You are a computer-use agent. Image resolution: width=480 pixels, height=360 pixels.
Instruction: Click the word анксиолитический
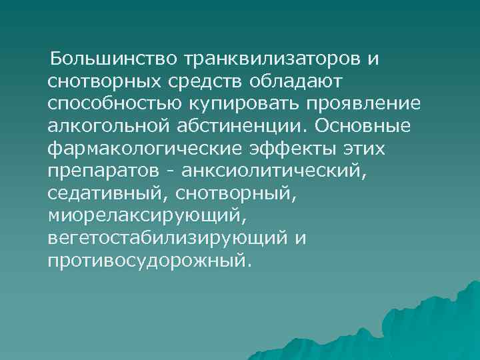coord(274,172)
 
